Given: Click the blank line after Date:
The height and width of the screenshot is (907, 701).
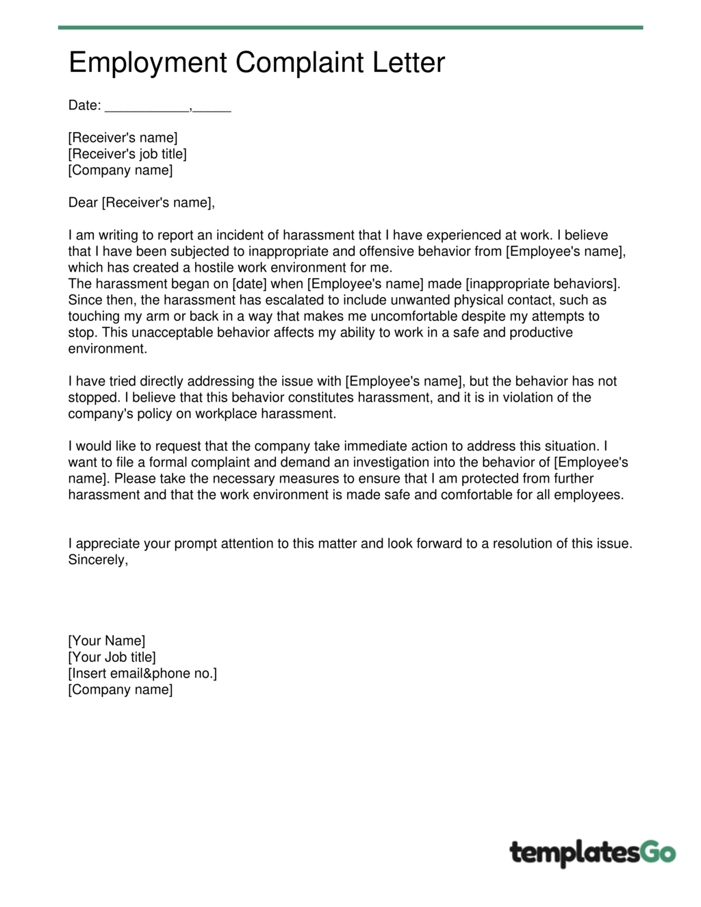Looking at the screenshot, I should (147, 107).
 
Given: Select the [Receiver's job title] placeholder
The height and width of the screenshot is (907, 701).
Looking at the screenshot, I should (127, 154).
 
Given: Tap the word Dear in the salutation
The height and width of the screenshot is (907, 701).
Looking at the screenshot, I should (83, 203).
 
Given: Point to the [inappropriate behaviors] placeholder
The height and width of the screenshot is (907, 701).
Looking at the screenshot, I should (542, 284).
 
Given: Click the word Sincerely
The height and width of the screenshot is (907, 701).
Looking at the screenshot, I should (98, 560).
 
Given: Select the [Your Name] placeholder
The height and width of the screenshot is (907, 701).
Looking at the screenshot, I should (107, 641).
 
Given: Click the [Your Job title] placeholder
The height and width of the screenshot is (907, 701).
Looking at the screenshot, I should (112, 657).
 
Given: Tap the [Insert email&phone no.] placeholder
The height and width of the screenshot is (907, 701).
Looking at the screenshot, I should (142, 674).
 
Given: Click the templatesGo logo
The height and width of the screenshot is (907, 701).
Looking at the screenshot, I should (592, 853).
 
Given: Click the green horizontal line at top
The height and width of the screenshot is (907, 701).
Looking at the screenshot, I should (350, 27).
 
